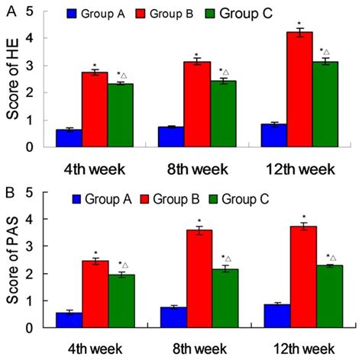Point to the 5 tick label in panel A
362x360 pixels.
coord(27,11)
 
